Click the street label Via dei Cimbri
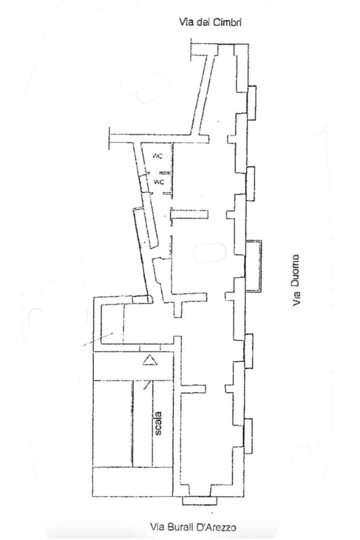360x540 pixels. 211,22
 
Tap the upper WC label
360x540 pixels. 158,156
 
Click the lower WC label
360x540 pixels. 159,182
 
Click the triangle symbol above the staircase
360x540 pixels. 151,360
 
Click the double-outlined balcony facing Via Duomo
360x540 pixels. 254,266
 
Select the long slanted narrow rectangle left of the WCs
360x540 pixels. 145,228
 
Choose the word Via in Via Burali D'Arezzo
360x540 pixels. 158,526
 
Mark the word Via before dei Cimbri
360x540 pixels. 187,22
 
